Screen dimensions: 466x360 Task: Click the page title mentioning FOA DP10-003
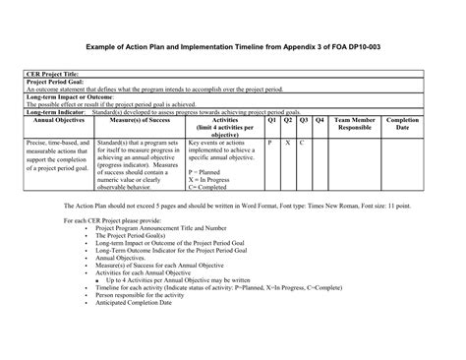[x=232, y=46]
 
